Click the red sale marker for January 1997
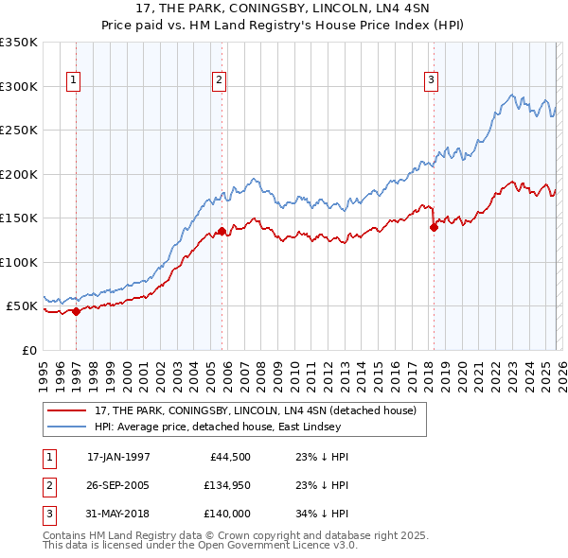77,311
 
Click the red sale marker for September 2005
222,231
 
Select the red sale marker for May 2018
434,227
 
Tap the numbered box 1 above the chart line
74,81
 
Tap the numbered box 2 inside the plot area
219,81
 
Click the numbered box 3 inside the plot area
431,81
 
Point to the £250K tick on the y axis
19,131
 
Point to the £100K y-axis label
19,263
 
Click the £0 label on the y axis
28,351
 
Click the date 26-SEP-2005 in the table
118,485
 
